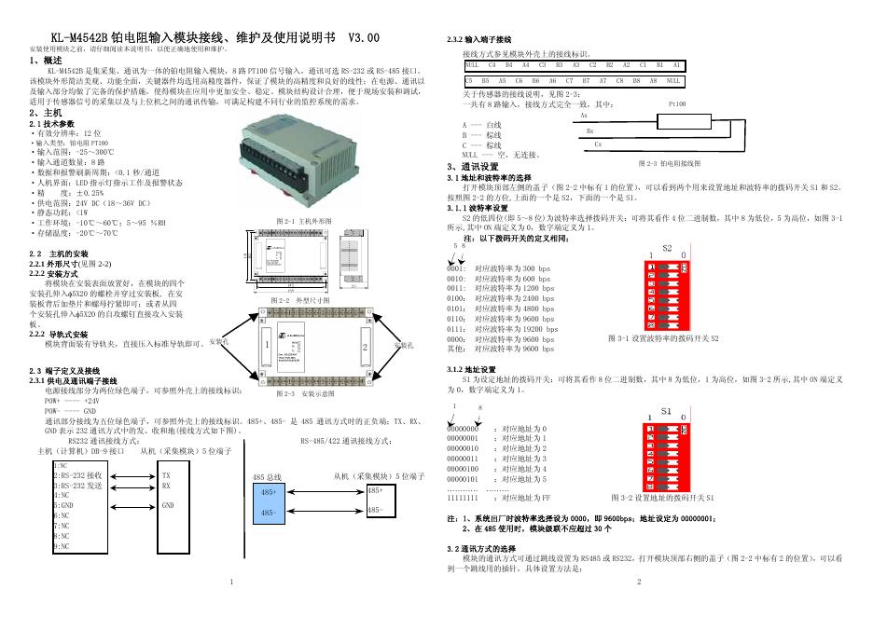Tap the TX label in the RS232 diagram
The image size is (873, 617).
[x=166, y=474]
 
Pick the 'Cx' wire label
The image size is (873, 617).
[x=598, y=145]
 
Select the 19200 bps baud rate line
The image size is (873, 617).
[x=512, y=329]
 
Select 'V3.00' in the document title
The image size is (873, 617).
[x=364, y=38]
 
